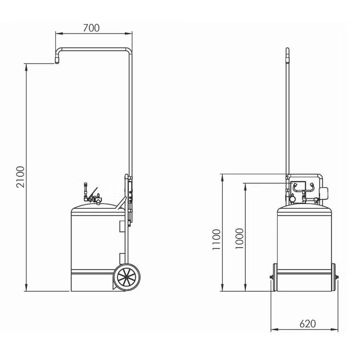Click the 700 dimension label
pos(91,28)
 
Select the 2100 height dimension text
pos(20,177)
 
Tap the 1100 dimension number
pos(216,240)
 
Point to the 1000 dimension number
pos(239,239)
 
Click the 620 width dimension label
pos(308,324)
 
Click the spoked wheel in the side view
pos(127,277)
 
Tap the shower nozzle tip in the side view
pos(57,61)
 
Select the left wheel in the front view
pos(275,277)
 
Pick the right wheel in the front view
pos(334,277)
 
